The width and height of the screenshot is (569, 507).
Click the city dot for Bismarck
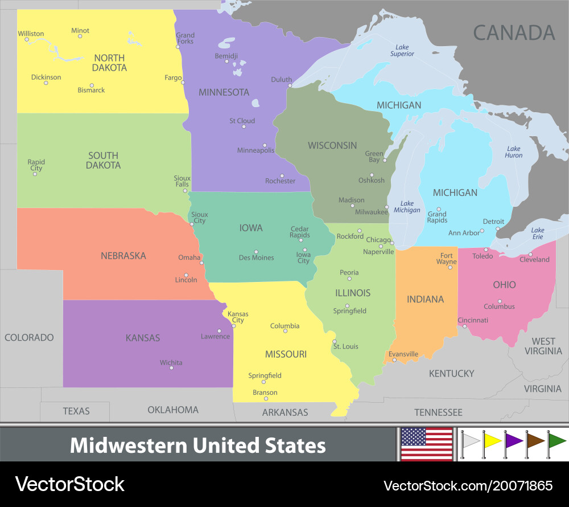pyautogui.click(x=92, y=85)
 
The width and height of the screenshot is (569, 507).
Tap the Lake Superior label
pyautogui.click(x=402, y=50)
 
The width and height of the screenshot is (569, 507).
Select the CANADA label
pyautogui.click(x=514, y=32)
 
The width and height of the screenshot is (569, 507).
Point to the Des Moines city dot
pyautogui.click(x=256, y=251)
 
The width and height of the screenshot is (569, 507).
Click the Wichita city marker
pyautogui.click(x=171, y=368)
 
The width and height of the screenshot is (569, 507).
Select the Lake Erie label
pyautogui.click(x=538, y=234)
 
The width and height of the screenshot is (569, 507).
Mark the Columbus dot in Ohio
pyautogui.click(x=500, y=301)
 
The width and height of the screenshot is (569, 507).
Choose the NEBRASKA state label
pyautogui.click(x=123, y=256)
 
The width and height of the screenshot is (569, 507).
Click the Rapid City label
pyautogui.click(x=36, y=165)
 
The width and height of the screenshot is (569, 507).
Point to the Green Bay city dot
pyautogui.click(x=385, y=160)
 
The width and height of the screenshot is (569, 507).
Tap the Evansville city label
pyautogui.click(x=403, y=354)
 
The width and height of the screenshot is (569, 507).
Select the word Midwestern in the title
pyautogui.click(x=129, y=445)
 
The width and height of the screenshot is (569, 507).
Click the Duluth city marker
pyautogui.click(x=290, y=86)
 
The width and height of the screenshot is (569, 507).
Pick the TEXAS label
pyautogui.click(x=76, y=411)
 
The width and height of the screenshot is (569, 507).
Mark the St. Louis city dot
pyautogui.click(x=334, y=342)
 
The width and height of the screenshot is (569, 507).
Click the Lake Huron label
pyautogui.click(x=514, y=152)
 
